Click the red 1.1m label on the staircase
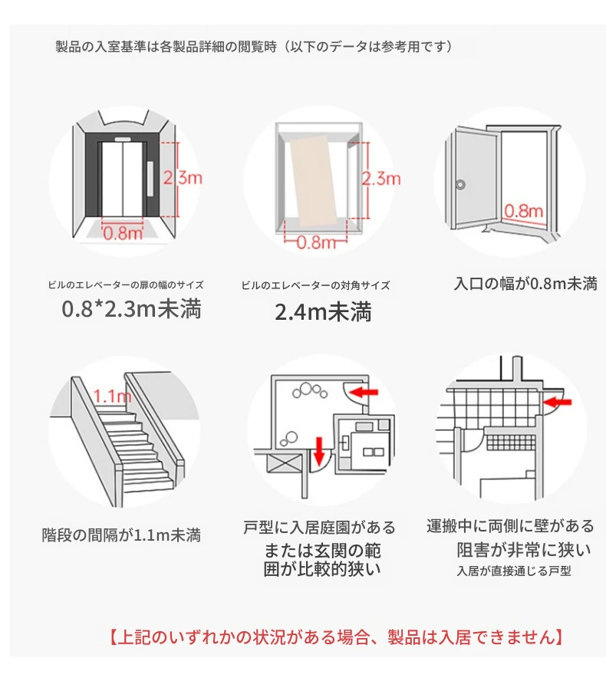[x=113, y=397]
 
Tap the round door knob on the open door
[x=460, y=184]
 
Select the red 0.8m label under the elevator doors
[x=123, y=232]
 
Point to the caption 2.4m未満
[x=323, y=312]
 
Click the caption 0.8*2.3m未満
[x=131, y=308]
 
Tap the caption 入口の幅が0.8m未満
[x=525, y=283]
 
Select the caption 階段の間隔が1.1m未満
[x=121, y=535]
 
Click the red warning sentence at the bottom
[x=335, y=637]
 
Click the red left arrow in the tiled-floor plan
[x=558, y=401]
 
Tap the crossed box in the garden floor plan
[x=283, y=463]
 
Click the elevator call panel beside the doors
[x=150, y=179]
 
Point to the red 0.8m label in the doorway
[x=524, y=211]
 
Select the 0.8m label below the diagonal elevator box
[x=316, y=242]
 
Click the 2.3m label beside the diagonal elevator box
[x=381, y=179]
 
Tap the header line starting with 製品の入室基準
[x=253, y=46]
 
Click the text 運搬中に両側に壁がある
[x=510, y=526]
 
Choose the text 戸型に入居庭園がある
[x=320, y=527]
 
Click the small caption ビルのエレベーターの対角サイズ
[x=315, y=285]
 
